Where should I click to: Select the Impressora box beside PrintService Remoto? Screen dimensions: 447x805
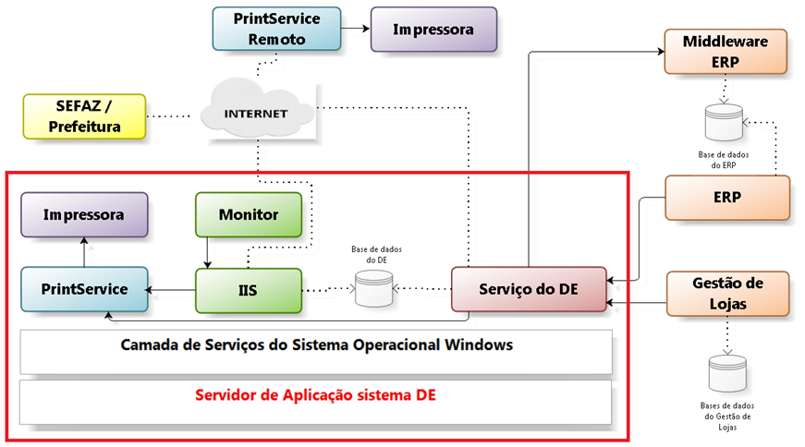click(x=433, y=30)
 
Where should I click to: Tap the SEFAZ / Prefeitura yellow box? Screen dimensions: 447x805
click(x=85, y=115)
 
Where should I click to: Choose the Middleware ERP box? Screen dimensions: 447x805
click(x=726, y=52)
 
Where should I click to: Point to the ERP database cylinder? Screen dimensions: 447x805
click(x=724, y=121)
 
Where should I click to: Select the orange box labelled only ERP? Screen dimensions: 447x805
click(x=727, y=197)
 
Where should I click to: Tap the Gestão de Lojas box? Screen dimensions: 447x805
click(x=727, y=293)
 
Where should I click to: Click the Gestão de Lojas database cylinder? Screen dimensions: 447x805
click(x=726, y=374)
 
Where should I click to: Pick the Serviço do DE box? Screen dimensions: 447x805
click(x=528, y=289)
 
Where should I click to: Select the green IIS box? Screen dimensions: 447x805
click(x=248, y=290)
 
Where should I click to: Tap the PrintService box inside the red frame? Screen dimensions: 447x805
click(x=84, y=289)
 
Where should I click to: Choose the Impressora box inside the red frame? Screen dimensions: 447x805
click(x=84, y=214)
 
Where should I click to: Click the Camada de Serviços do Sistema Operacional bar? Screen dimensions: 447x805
click(x=316, y=346)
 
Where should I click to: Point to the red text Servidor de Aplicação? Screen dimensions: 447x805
click(x=316, y=395)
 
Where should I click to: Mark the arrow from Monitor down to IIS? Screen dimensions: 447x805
click(x=207, y=252)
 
